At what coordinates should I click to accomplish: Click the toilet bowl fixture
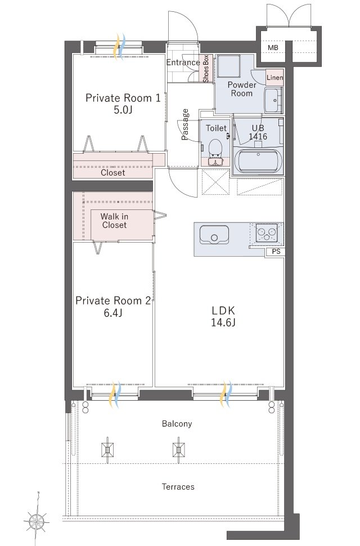(x=215, y=149)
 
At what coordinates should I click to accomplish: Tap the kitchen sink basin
(x=214, y=235)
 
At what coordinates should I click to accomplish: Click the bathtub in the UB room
(x=258, y=161)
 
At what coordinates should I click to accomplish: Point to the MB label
(x=273, y=47)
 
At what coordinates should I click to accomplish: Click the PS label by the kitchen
(x=276, y=252)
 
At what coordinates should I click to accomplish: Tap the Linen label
(x=275, y=78)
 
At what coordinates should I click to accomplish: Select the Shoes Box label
(x=206, y=69)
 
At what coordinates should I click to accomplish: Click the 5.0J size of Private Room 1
(x=123, y=110)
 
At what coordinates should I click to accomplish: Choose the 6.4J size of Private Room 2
(x=112, y=313)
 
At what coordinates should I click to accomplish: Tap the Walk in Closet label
(x=114, y=221)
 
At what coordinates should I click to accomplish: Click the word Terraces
(x=178, y=486)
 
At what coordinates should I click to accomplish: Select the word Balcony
(x=177, y=424)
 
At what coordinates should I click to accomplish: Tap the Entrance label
(x=183, y=62)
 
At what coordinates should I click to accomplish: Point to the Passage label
(x=186, y=124)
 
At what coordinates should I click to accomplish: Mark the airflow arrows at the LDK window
(x=226, y=395)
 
